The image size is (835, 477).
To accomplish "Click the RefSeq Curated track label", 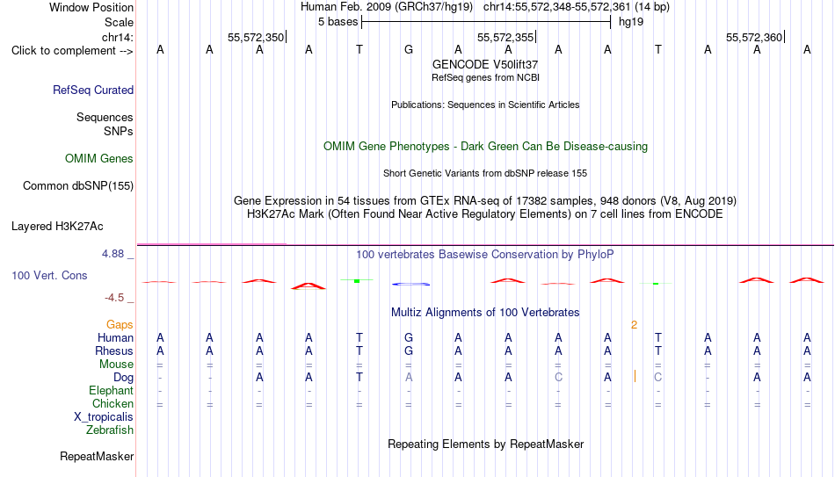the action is click(93, 90).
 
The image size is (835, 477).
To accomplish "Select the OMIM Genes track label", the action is click(99, 159).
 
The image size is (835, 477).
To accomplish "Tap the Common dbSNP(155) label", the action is click(78, 186).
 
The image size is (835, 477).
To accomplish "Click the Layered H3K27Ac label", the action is click(57, 227).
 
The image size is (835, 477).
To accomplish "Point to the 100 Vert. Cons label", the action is click(49, 275).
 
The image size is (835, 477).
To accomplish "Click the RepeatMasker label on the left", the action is click(97, 456).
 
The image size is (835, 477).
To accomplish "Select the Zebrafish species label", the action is click(110, 430).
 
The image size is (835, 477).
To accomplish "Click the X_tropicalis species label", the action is click(104, 417).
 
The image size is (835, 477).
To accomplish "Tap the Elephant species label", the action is click(112, 390).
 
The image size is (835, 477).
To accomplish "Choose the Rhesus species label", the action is click(114, 351).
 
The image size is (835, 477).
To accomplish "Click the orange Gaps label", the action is click(120, 324).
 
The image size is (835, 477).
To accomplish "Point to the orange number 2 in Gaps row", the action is click(635, 325).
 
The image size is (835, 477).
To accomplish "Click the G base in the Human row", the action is click(409, 337).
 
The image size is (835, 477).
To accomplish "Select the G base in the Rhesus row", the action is click(409, 351).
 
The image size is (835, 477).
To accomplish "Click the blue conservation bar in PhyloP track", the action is click(411, 285).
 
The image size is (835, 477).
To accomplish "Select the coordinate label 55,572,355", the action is click(505, 37).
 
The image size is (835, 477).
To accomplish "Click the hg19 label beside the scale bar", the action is click(631, 22).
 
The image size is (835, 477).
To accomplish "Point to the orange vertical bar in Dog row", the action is click(635, 376).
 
